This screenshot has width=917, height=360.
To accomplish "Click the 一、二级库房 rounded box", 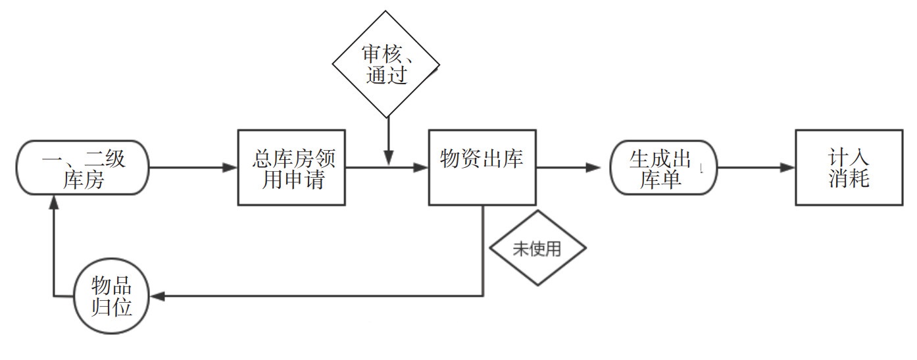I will point(83,167).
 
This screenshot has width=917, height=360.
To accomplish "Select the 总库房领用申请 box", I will point(291,167).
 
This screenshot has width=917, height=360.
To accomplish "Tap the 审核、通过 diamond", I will point(386,64).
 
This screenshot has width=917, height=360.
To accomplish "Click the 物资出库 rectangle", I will point(483,167).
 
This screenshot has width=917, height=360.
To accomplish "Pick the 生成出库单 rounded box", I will point(663,167).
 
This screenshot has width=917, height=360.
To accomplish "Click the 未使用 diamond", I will point(537,248).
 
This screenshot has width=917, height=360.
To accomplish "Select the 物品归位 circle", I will point(111,297).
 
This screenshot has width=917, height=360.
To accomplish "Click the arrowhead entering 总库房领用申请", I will point(230,167).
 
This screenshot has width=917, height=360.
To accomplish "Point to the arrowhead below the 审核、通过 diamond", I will point(388,157).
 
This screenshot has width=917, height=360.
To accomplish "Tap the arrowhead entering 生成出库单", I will point(594,167).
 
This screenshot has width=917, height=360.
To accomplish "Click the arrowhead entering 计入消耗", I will point(787,167).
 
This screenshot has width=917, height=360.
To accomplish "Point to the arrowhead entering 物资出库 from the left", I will point(421,167).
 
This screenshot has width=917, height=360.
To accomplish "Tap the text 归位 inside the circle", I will point(111,307).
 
